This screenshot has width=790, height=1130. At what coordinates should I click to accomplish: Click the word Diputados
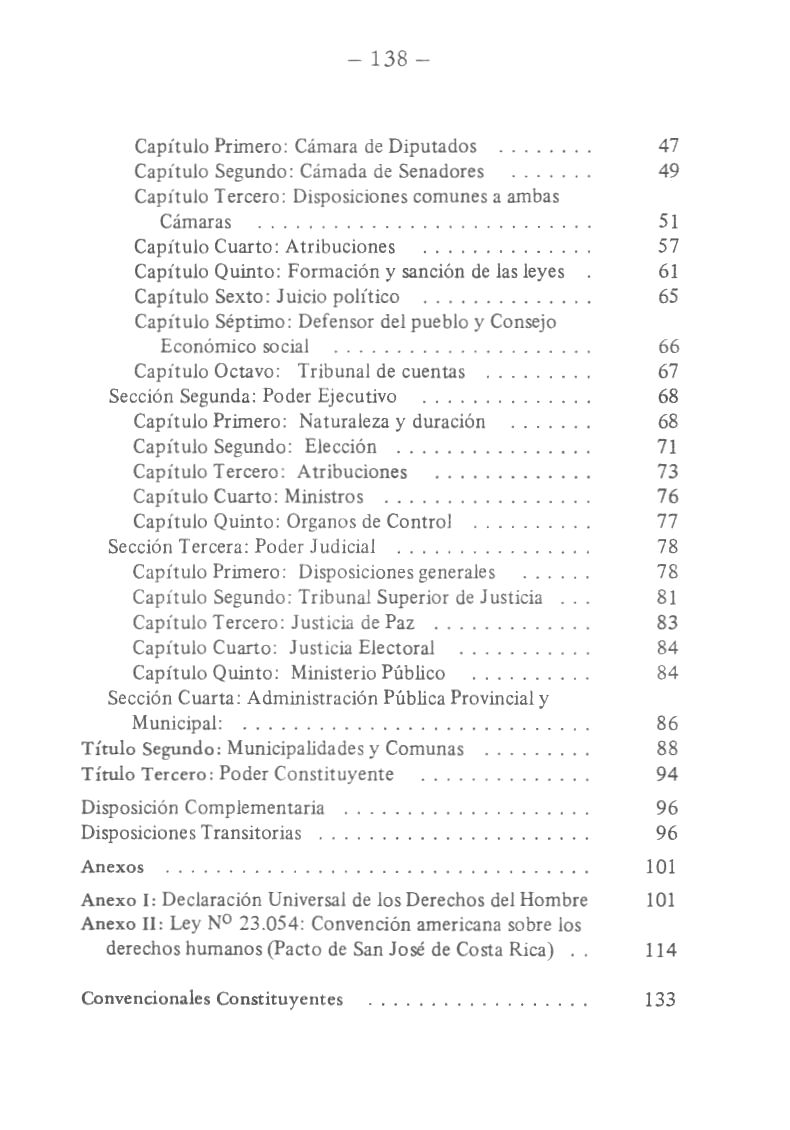tap(432, 147)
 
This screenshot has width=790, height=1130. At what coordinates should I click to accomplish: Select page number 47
tap(669, 147)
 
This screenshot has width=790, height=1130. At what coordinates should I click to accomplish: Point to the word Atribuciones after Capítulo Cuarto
tap(340, 247)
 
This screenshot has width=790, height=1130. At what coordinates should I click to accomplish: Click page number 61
tap(669, 272)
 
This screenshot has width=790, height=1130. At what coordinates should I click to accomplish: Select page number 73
tap(669, 472)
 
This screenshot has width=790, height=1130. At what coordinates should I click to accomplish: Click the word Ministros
tap(324, 497)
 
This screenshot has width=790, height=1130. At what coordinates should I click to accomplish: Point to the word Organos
tap(324, 522)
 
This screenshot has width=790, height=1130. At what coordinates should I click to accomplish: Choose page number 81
tap(669, 598)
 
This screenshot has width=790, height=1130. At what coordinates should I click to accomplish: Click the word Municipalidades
tap(294, 749)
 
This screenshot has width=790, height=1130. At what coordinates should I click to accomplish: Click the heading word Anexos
tap(112, 867)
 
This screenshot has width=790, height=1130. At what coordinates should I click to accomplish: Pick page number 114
tap(660, 950)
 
